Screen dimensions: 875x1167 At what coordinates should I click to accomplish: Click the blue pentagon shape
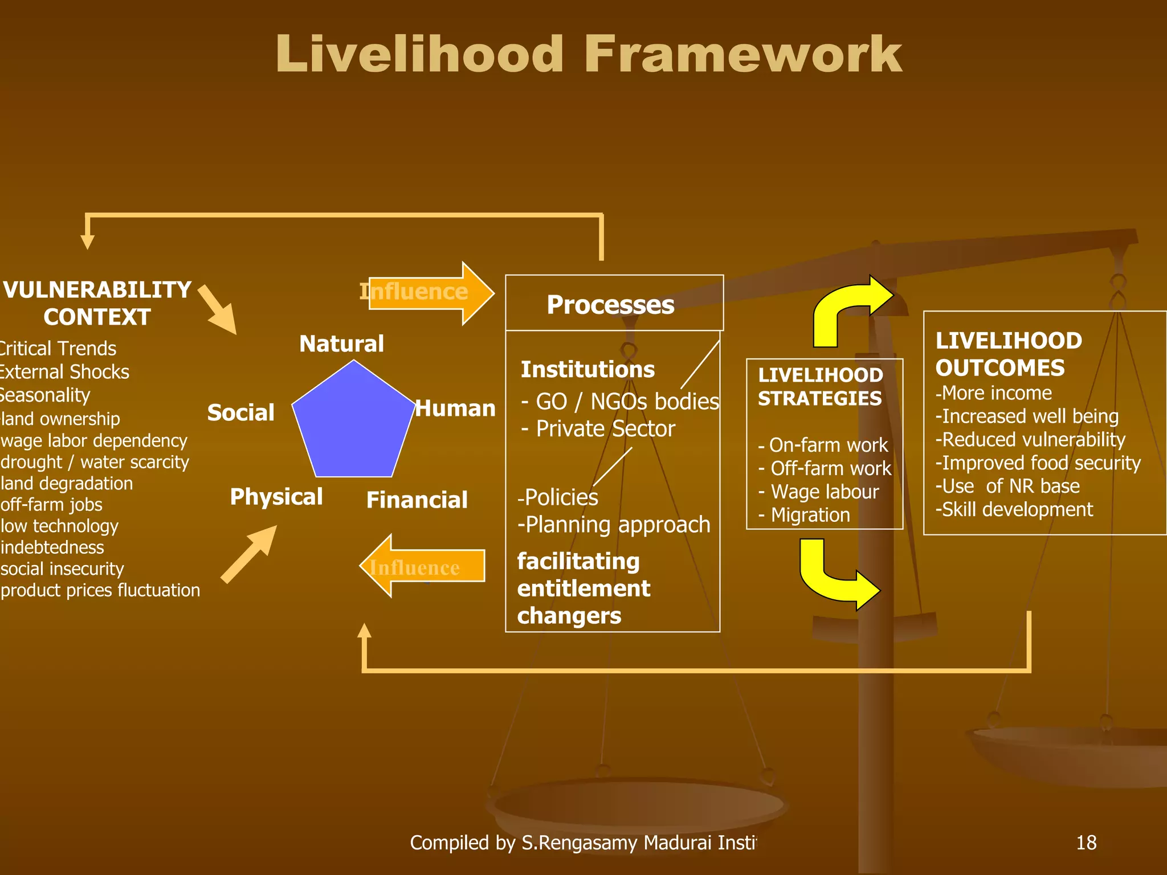tap(353, 424)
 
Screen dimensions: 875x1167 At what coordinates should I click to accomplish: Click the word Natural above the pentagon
tap(341, 344)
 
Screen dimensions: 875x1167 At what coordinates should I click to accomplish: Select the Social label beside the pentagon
tap(240, 412)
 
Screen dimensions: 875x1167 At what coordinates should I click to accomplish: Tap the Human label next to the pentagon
tap(455, 408)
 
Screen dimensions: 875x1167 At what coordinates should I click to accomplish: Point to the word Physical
tap(276, 497)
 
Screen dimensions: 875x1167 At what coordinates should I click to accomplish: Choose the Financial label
tap(417, 500)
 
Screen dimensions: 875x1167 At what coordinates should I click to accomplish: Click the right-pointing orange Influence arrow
tap(430, 293)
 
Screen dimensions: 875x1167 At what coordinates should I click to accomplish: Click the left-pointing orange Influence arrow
tap(422, 566)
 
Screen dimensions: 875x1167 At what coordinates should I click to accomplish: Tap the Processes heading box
tap(614, 304)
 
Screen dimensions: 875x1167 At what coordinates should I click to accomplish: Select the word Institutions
tap(587, 370)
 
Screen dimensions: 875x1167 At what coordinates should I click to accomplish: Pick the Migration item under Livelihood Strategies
tap(809, 515)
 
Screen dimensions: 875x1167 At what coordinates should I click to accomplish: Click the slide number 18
tap(1086, 842)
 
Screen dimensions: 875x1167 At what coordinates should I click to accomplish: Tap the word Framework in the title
tap(742, 55)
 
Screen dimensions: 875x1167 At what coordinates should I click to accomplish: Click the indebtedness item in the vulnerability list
tap(52, 547)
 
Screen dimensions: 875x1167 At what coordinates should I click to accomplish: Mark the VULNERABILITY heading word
tap(97, 290)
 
